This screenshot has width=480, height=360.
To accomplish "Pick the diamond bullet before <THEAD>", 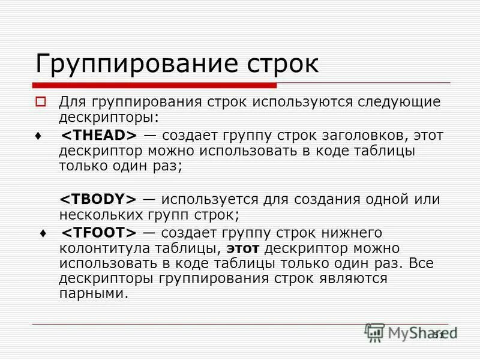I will coord(39,136).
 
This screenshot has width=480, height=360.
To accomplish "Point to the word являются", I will coord(356,278).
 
